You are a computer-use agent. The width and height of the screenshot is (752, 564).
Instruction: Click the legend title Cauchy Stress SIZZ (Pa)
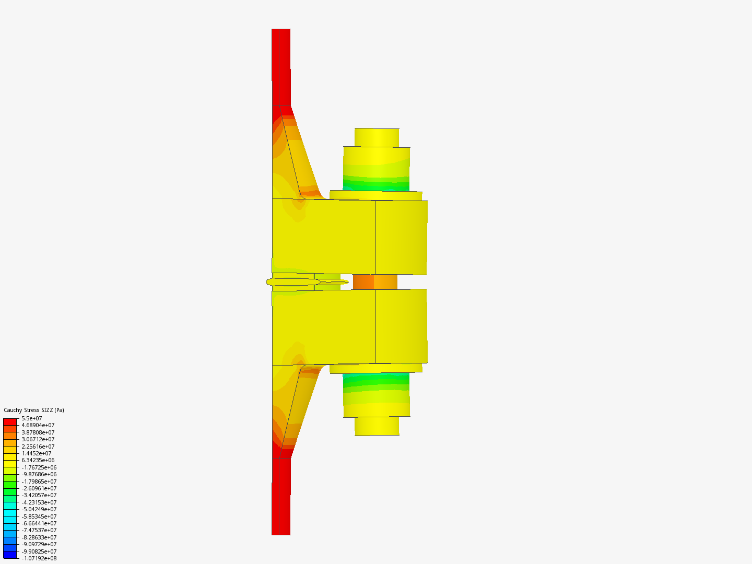click(34, 410)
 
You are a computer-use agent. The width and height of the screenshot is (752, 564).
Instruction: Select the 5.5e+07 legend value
click(32, 418)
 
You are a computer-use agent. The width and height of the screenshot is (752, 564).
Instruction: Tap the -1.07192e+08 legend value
click(39, 558)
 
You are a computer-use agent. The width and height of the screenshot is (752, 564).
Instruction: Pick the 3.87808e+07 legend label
click(38, 432)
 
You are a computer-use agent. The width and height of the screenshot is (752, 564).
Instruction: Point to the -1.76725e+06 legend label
click(39, 467)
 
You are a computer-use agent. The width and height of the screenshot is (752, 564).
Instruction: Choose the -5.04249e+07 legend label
click(39, 509)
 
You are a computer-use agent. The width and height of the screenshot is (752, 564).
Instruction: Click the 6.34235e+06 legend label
click(38, 460)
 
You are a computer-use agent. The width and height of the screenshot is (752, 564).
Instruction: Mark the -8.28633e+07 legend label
click(39, 537)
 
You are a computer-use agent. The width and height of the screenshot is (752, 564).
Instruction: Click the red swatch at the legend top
click(10, 421)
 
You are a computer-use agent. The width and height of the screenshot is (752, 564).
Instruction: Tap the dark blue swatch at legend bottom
click(10, 555)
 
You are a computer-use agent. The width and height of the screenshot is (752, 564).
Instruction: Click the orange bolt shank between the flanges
click(375, 282)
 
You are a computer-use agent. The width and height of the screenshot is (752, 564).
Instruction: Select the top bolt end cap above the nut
click(377, 137)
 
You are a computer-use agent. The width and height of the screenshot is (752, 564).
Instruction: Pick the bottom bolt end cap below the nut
click(377, 426)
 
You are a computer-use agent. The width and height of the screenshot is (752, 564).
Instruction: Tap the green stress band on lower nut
click(376, 381)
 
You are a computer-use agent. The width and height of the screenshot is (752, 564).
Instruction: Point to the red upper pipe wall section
click(281, 68)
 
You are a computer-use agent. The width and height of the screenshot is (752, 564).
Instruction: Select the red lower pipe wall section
click(281, 496)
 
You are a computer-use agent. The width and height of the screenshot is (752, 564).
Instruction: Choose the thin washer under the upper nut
click(376, 195)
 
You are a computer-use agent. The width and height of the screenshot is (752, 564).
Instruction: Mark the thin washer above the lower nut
click(376, 368)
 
